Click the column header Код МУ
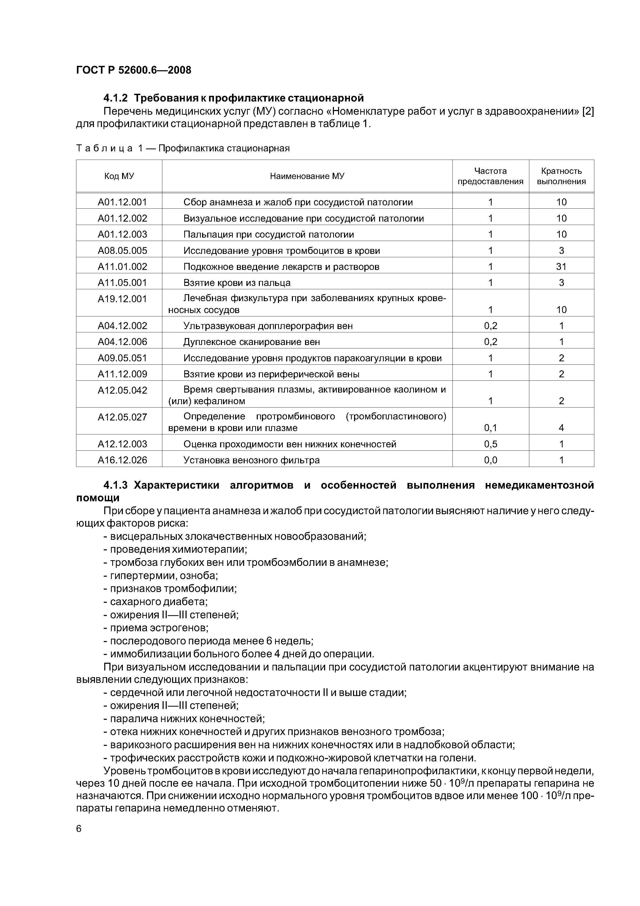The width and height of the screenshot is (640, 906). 119,176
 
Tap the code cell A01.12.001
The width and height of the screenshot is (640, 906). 122,202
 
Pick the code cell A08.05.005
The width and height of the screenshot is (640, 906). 122,251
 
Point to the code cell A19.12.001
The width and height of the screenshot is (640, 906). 122,299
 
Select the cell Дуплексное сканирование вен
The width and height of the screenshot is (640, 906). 252,342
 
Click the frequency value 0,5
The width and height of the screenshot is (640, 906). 491,444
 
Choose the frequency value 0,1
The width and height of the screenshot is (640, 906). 491,428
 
